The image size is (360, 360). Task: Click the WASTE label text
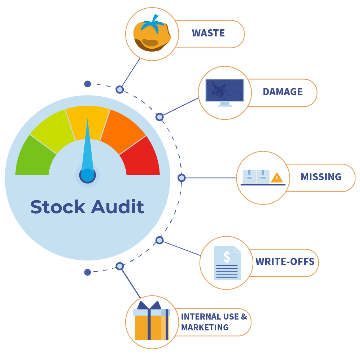208,33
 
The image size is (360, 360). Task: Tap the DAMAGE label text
282,92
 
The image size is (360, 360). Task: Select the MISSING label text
321,177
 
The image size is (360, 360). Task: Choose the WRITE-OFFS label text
285,262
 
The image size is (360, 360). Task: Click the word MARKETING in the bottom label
205,327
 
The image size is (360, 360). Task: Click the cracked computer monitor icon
225,91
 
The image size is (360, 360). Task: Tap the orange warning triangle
277,178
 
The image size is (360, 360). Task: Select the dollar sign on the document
227,257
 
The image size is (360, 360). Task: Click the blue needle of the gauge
88,147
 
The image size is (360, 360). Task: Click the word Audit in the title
117,207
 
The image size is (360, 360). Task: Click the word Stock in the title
58,207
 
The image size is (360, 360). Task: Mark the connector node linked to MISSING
181,178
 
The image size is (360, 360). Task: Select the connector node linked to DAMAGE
159,117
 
